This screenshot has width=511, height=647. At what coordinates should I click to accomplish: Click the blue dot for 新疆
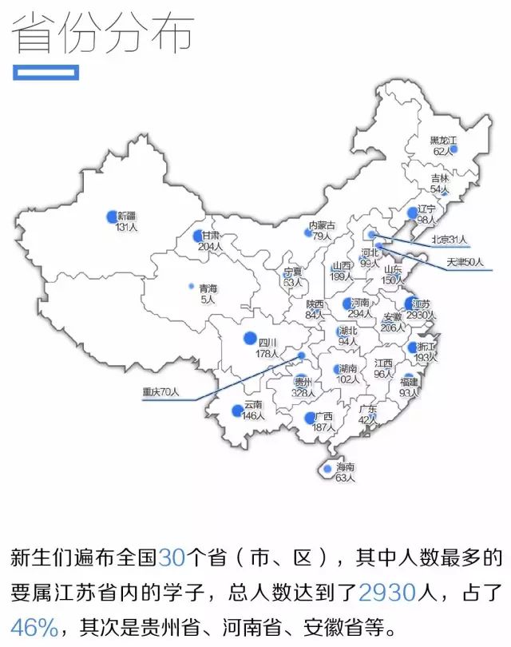coord(112,216)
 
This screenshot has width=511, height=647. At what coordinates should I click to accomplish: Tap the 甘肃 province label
coord(211,236)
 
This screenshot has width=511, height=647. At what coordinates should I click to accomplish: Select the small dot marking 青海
coord(191,286)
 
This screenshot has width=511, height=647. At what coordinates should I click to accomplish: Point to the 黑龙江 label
coord(443,141)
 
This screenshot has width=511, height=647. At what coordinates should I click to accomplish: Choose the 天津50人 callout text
coord(465,262)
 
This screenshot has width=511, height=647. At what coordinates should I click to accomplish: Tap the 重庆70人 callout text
coord(161,392)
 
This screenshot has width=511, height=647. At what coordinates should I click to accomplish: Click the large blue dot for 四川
coord(251,337)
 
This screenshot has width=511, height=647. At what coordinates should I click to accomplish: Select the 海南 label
coord(345,467)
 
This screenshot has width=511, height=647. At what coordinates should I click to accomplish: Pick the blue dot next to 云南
coord(236,411)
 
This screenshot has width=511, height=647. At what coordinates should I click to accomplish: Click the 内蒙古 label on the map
coord(323,225)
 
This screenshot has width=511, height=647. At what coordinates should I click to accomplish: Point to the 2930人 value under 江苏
coord(421,316)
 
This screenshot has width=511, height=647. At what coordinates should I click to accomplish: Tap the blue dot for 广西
coord(309,418)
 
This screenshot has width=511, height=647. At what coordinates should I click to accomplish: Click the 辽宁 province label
coord(427,209)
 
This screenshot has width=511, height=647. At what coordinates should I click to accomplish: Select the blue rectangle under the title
coord(46,73)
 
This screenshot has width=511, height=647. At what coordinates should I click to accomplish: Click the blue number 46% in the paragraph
coord(34,625)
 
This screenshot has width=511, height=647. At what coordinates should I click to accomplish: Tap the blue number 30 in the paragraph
coord(172,557)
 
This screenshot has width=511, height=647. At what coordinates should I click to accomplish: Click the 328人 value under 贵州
coord(301,393)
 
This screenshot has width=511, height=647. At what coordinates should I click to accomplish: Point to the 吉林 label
coord(440,178)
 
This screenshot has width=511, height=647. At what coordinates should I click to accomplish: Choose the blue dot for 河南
coord(347,304)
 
